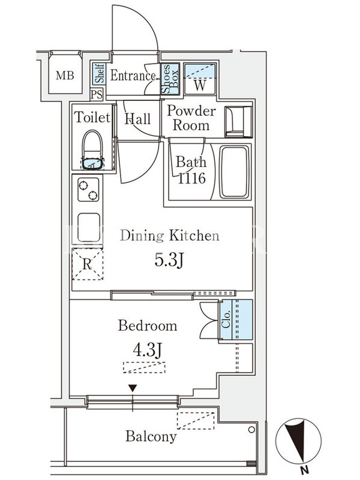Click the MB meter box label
pos(65,76)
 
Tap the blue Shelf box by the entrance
pos(99,73)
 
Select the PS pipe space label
pos(97,95)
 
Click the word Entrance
pos(133,76)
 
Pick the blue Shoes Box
pos(170,79)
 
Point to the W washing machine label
pos(200,85)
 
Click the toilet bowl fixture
pos(92,150)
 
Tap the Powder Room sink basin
pos(238,122)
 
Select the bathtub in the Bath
pos(234,172)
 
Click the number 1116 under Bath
pos(191,178)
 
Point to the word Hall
pos(138,119)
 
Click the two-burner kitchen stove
pos(88,190)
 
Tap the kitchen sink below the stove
pos(88,227)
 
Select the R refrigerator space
pos(87,264)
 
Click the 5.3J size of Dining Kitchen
pos(169,260)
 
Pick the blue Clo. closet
pos(236,320)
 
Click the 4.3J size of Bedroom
pos(147,350)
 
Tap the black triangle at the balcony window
pos(133,388)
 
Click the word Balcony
pos(151,436)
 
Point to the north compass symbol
pos(298,442)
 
